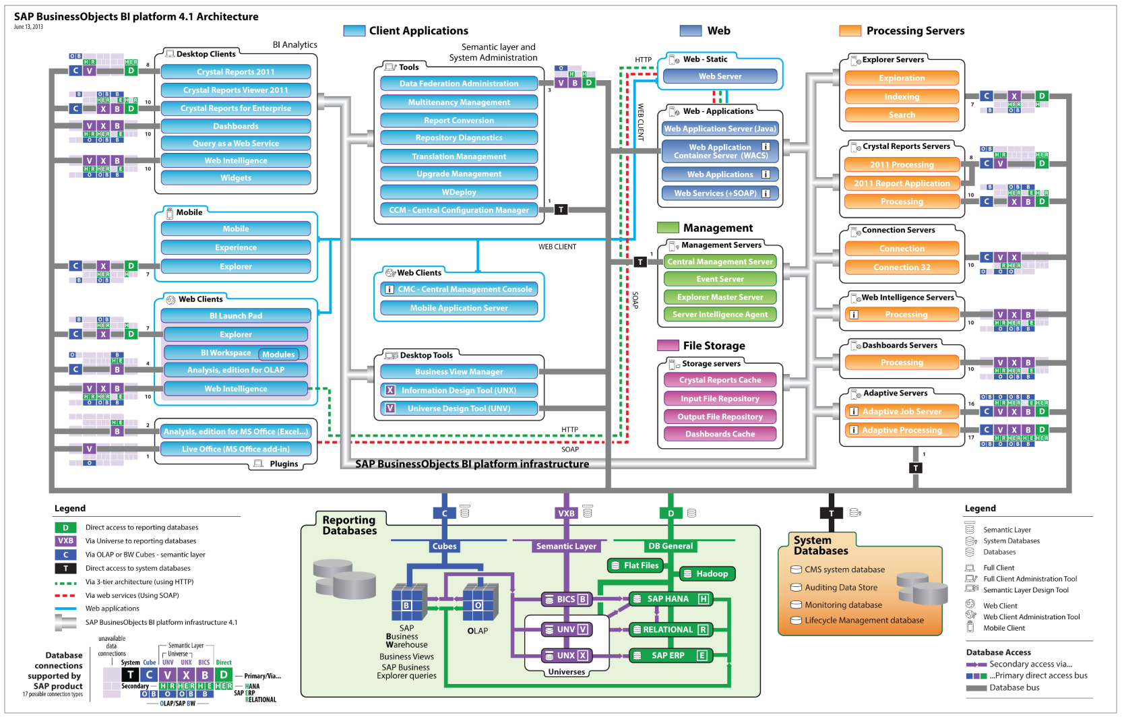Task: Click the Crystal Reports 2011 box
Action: (235, 72)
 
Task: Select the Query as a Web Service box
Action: (235, 144)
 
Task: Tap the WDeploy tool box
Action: (458, 193)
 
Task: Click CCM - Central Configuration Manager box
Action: (458, 210)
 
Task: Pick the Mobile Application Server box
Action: (458, 308)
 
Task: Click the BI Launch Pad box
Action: (235, 316)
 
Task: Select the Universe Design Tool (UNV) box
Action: (458, 408)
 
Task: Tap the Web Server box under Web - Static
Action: (720, 77)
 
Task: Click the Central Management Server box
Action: (720, 262)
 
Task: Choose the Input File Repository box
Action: (720, 399)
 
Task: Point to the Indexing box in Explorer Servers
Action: (902, 97)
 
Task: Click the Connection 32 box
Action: (902, 268)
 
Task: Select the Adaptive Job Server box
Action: (902, 412)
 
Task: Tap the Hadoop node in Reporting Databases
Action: (707, 574)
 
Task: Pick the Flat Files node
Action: (635, 566)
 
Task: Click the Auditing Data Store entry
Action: (840, 588)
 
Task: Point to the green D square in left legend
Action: (65, 528)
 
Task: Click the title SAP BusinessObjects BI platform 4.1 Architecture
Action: (136, 17)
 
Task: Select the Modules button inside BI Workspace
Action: (278, 354)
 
